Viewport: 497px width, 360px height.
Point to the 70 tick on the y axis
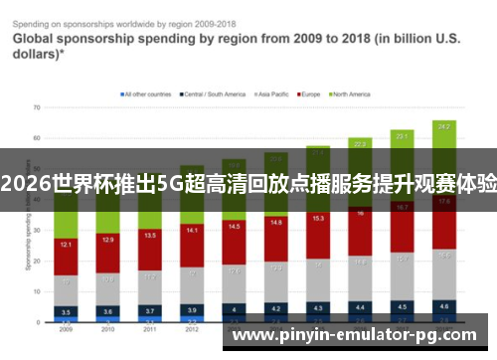click(x=36, y=106)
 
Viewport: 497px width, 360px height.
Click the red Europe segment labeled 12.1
click(x=65, y=245)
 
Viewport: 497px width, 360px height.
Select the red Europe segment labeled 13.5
click(x=149, y=237)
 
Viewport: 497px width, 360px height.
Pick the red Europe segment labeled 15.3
click(x=318, y=219)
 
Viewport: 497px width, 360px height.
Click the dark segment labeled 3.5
click(x=65, y=311)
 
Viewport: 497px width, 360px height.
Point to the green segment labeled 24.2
click(x=444, y=127)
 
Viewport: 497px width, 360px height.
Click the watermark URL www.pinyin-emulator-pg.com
click(x=360, y=336)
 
